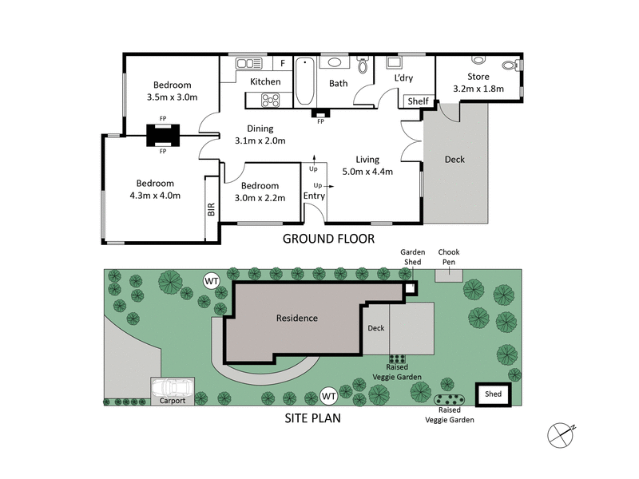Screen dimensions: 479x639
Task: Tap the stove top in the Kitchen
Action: [271, 100]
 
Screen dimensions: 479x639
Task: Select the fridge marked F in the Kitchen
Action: [282, 64]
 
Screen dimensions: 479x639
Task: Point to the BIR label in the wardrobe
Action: [212, 209]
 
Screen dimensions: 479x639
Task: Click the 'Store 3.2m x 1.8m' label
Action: [478, 83]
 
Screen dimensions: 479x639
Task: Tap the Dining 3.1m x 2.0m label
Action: [260, 134]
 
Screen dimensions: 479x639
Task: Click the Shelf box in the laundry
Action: [418, 101]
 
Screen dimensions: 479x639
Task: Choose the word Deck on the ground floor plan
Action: [454, 160]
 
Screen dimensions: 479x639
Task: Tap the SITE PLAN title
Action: [315, 418]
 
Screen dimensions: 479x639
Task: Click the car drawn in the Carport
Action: [172, 389]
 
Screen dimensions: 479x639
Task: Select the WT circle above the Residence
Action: [212, 280]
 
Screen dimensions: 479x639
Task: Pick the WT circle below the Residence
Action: [328, 395]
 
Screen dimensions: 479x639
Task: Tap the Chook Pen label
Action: [448, 256]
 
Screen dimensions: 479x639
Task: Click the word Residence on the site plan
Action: [297, 318]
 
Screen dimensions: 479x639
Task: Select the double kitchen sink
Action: [249, 63]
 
